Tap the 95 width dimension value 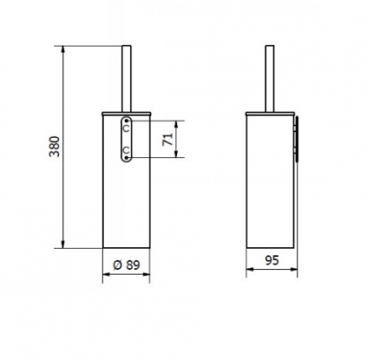[x=272, y=260]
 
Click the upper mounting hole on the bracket [x=127, y=124]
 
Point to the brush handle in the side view [x=272, y=77]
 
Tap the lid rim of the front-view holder [x=126, y=113]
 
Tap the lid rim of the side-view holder [x=272, y=113]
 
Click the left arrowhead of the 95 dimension [x=250, y=271]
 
